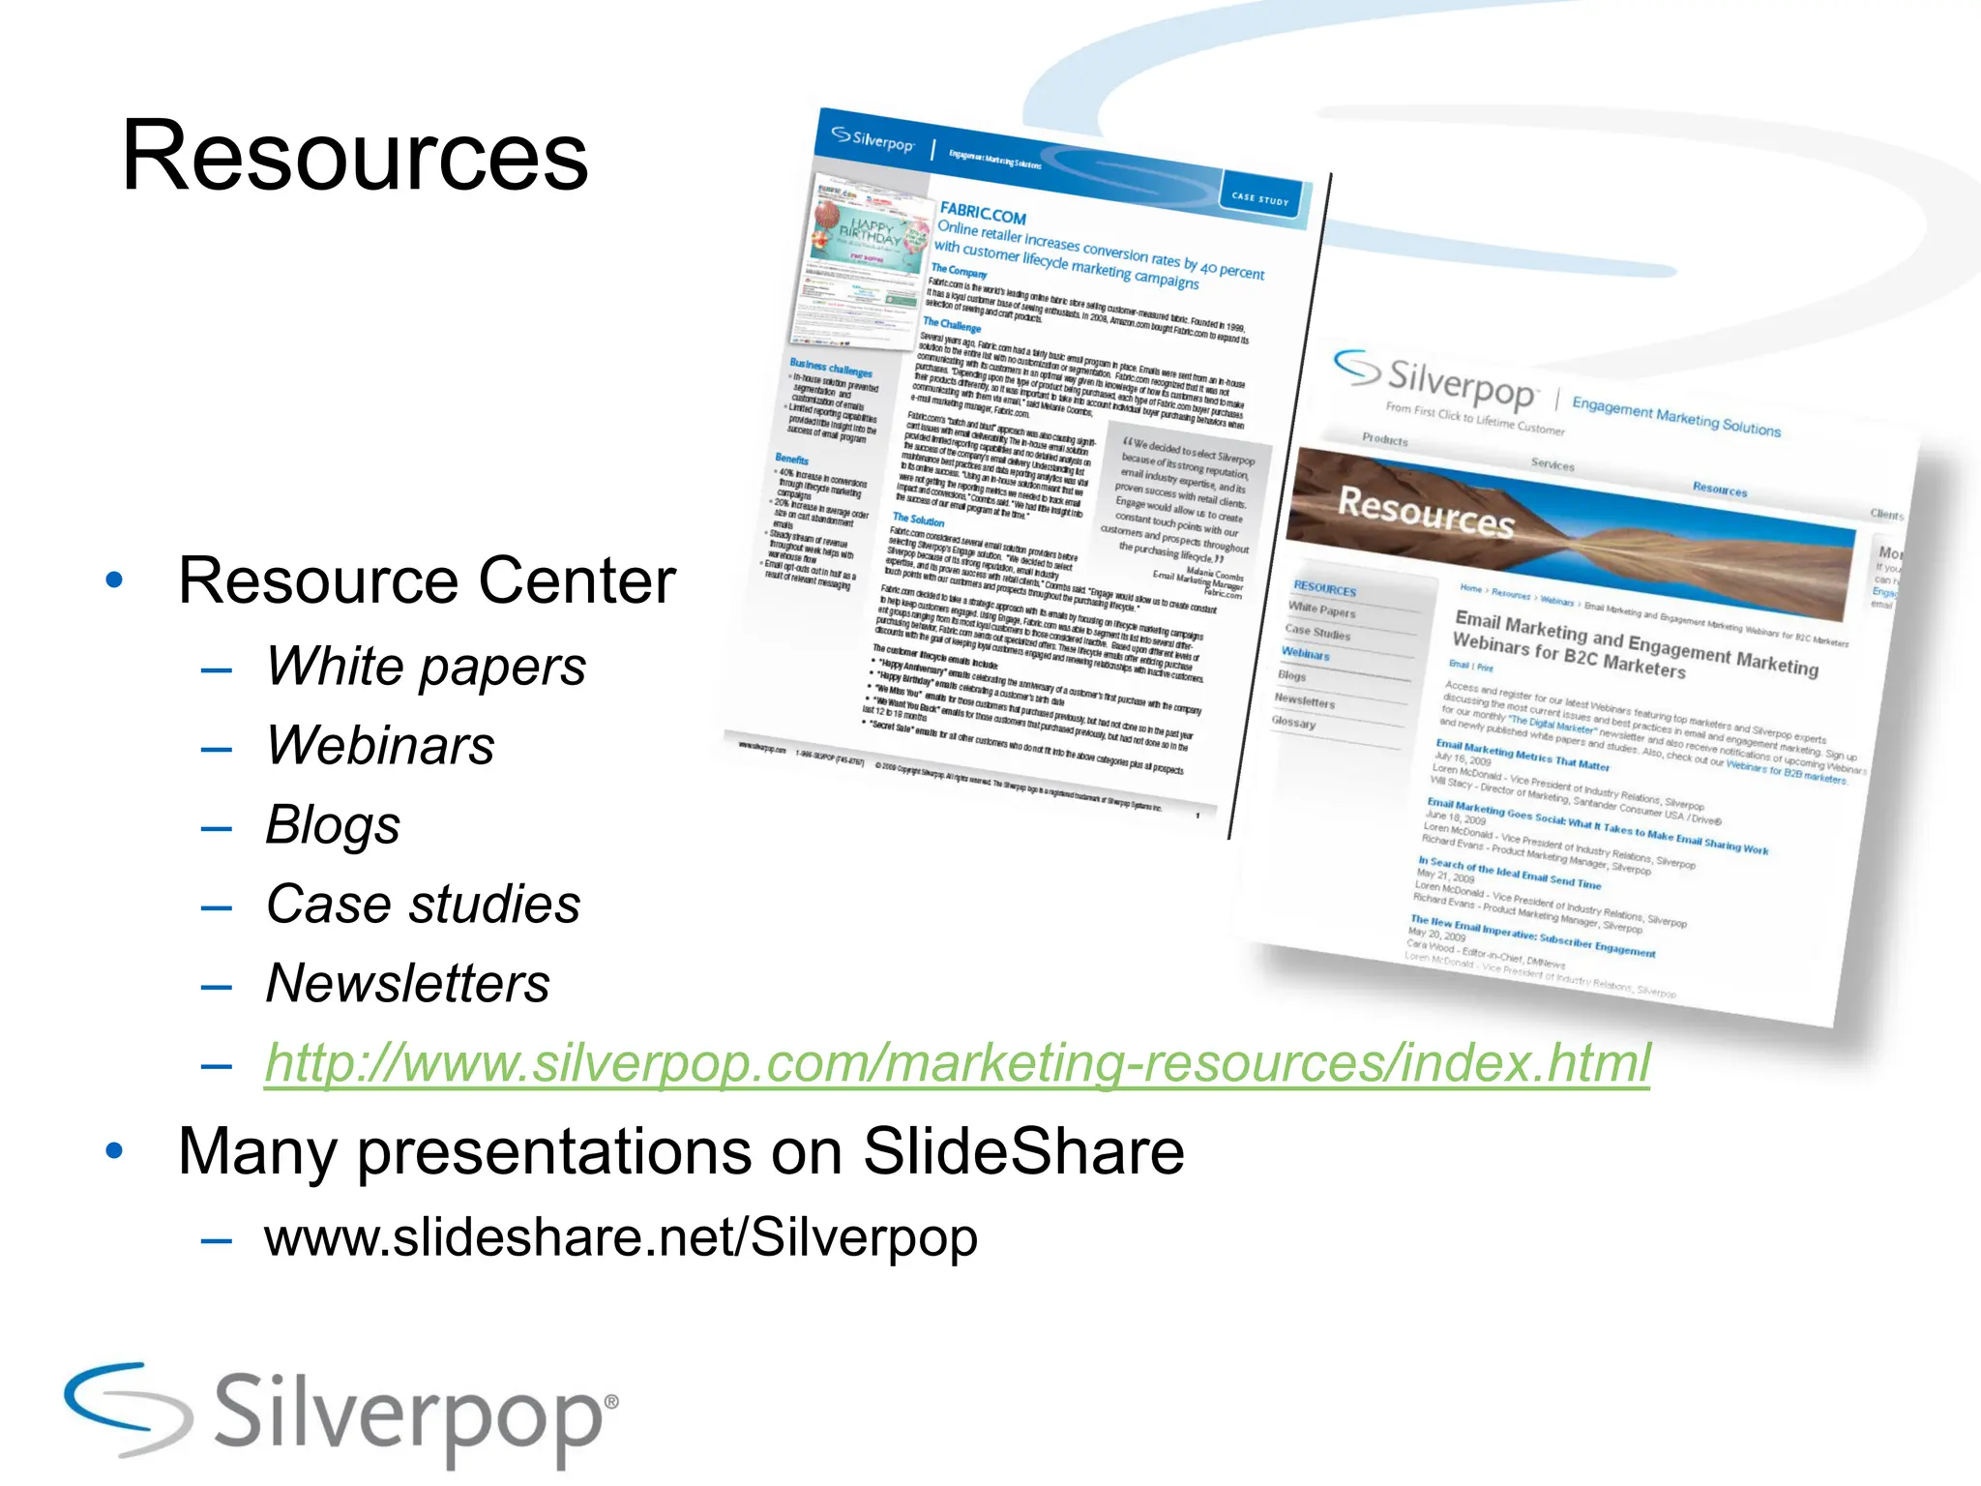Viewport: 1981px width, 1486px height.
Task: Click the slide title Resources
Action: tap(354, 157)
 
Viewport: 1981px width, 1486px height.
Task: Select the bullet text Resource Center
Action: tap(427, 580)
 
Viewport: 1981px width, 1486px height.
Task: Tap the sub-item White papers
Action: tap(426, 667)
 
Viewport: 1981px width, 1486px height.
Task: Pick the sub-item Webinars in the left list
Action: tap(380, 746)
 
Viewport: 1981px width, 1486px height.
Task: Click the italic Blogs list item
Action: tap(333, 825)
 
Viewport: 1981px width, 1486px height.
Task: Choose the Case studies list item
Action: tap(423, 905)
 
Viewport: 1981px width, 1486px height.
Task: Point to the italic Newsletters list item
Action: tap(407, 984)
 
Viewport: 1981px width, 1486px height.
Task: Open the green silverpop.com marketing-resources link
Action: tap(958, 1063)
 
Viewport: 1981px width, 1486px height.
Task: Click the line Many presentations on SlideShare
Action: tap(681, 1151)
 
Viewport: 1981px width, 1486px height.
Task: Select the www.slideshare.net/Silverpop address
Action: tap(620, 1237)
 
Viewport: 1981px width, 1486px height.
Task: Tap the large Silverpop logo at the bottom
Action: tap(340, 1414)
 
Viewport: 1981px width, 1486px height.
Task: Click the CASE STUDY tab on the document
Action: tap(1260, 199)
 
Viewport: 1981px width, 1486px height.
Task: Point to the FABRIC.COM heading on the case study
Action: tap(983, 213)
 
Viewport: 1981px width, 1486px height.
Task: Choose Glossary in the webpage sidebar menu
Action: tap(1293, 722)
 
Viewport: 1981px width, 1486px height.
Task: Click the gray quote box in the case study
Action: tap(1182, 507)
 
